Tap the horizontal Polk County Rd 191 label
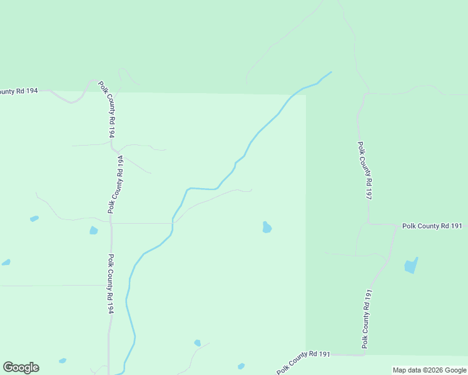point(432,226)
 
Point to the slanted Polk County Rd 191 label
point(303,362)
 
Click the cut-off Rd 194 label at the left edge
point(19,91)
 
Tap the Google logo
point(21,367)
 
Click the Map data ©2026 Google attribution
point(430,370)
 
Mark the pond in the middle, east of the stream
point(267,227)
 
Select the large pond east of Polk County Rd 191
point(410,266)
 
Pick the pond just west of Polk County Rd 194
point(94,231)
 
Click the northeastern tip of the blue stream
point(331,72)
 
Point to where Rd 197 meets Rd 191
point(368,223)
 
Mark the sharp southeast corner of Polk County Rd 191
point(364,354)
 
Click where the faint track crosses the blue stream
point(173,222)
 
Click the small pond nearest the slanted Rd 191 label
point(241,366)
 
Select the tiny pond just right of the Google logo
point(63,361)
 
